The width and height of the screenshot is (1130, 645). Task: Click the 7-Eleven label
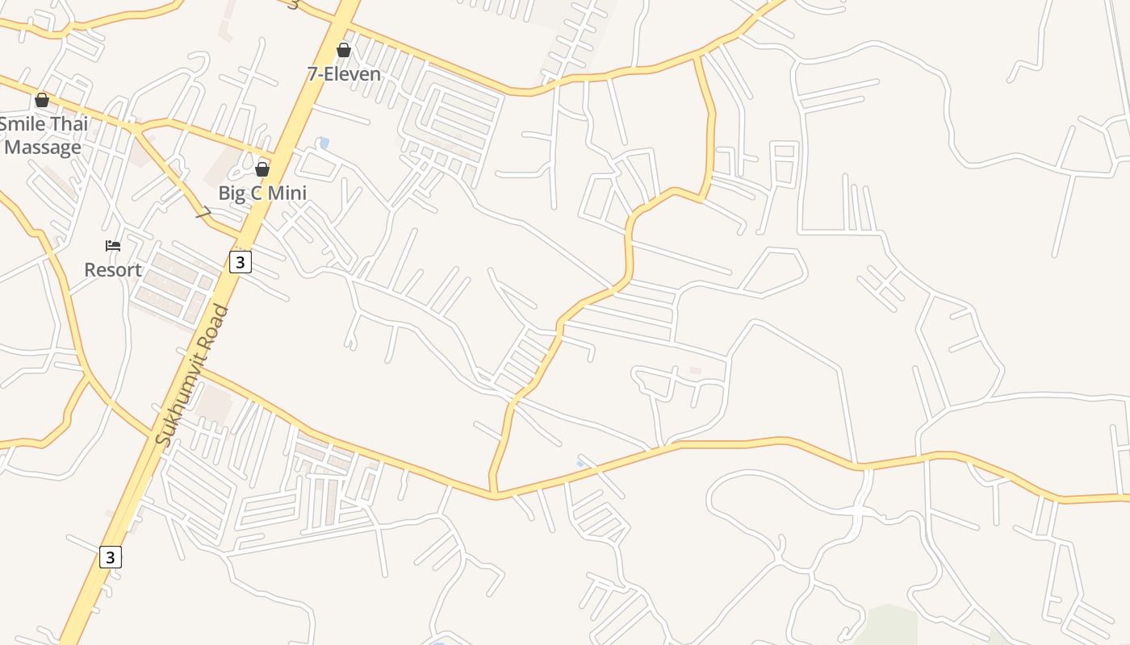point(344,74)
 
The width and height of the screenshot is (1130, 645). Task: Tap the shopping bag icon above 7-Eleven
point(344,51)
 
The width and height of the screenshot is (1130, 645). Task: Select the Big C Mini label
point(262,193)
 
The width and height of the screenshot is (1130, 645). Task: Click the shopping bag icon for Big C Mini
point(262,169)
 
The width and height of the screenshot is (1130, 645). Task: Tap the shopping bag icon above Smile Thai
point(42,101)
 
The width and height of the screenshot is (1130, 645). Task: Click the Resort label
point(113,270)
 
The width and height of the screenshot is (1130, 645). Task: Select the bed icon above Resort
point(113,246)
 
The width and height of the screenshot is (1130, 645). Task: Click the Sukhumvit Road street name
point(192,376)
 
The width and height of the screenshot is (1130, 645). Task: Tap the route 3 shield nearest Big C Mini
point(241,262)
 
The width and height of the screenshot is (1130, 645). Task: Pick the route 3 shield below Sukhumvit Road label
point(111,557)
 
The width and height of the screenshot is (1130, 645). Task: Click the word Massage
point(43,148)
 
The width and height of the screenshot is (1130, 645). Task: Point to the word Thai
point(70,124)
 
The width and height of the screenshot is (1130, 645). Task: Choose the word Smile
point(22,124)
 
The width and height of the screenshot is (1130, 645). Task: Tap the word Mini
point(289,193)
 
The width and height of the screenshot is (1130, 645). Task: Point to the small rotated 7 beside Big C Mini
point(204,214)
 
